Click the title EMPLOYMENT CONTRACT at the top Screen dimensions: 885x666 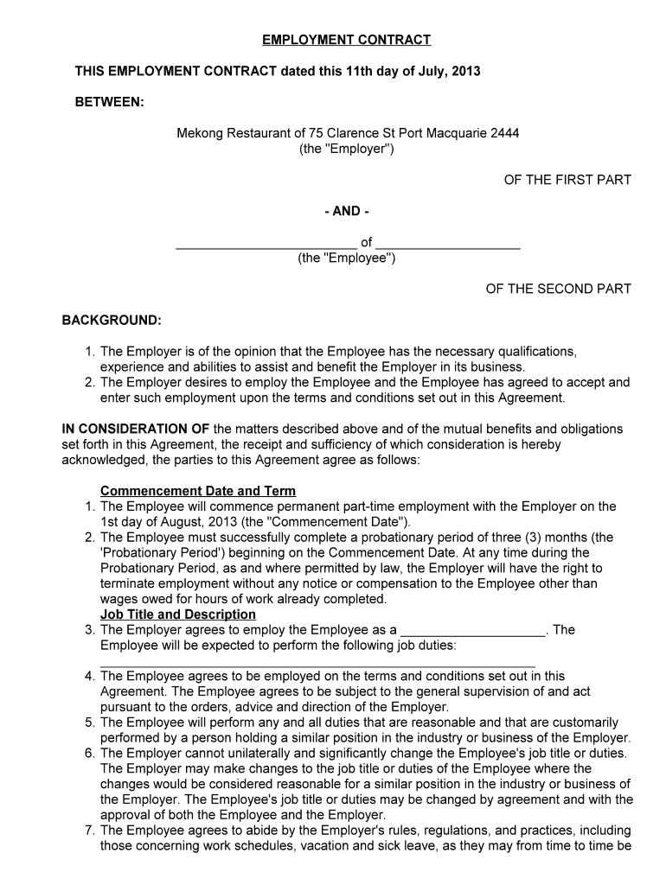tap(346, 40)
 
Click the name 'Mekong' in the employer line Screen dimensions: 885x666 tap(200, 133)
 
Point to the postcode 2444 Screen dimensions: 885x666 tap(505, 133)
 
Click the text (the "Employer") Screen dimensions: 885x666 tap(347, 149)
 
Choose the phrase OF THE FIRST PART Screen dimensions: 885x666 tap(567, 180)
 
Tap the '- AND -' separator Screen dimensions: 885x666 tap(346, 211)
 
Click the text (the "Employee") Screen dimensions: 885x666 tap(347, 258)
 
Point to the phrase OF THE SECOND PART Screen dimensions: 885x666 tap(558, 289)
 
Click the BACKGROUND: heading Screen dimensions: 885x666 tap(112, 320)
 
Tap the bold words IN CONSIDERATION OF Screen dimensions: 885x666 tap(136, 429)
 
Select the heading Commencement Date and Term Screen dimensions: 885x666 tap(198, 491)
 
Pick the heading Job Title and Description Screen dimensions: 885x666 tap(178, 614)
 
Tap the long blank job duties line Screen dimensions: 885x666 tap(317, 663)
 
